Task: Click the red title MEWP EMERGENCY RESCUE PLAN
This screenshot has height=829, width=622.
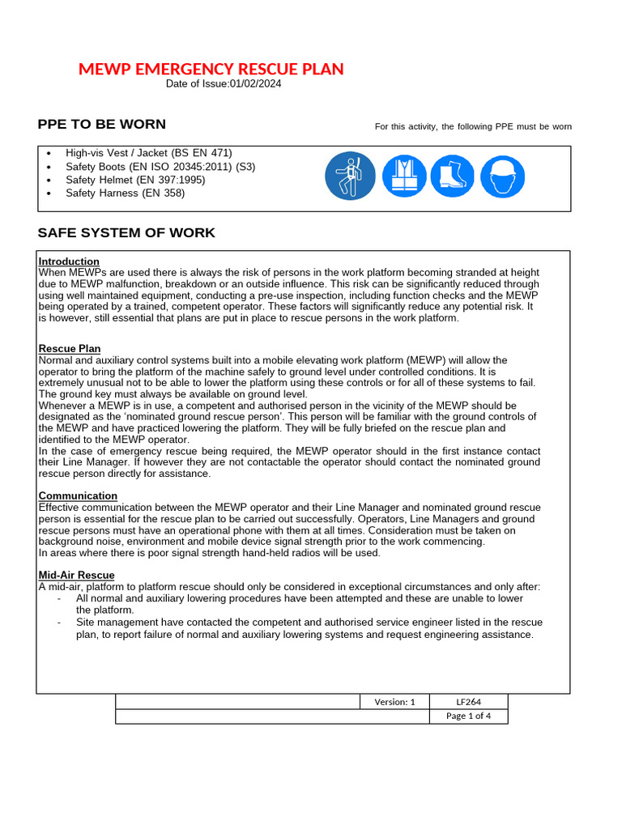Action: [x=211, y=69]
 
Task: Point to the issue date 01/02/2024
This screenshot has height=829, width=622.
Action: [x=255, y=84]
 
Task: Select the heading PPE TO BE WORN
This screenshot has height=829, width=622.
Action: [x=101, y=124]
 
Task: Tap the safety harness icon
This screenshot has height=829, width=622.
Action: [x=350, y=176]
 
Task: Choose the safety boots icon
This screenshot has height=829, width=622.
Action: [x=452, y=176]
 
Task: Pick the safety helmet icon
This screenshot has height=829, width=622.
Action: [x=502, y=176]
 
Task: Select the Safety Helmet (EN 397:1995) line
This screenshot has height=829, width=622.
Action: [x=135, y=180]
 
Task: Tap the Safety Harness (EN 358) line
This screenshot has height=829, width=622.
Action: [x=125, y=193]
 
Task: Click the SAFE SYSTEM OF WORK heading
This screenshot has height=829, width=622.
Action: [x=126, y=233]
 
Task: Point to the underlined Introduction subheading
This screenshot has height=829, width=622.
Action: [x=69, y=261]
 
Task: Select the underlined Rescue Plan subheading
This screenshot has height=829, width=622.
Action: [x=70, y=349]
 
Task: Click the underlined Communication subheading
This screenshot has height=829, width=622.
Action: [x=78, y=495]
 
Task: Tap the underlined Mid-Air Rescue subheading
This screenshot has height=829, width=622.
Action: [x=76, y=575]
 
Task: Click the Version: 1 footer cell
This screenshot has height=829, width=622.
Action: [x=394, y=702]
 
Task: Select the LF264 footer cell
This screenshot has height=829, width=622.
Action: [x=469, y=702]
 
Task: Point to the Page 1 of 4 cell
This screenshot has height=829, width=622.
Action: [x=469, y=716]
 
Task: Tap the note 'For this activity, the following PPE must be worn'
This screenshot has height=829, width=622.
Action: [x=473, y=126]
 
